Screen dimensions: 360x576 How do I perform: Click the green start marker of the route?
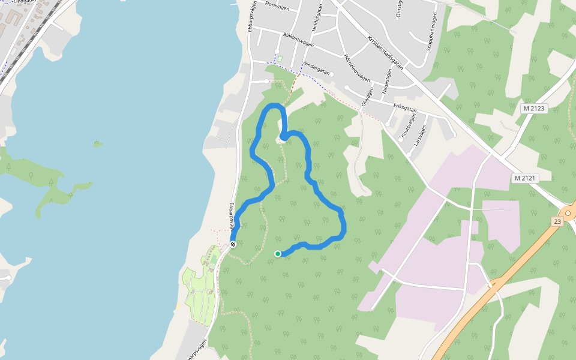pyautogui.click(x=278, y=254)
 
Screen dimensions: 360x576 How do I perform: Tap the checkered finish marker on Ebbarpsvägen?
pyautogui.click(x=233, y=244)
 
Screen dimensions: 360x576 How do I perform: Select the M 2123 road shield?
pyautogui.click(x=533, y=109)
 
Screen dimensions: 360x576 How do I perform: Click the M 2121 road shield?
pyautogui.click(x=524, y=178)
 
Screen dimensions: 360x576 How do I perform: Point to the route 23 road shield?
pyautogui.click(x=557, y=221)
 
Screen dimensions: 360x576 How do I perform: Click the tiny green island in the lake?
pyautogui.click(x=97, y=143)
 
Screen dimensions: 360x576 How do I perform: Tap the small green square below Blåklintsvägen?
pyautogui.click(x=279, y=59)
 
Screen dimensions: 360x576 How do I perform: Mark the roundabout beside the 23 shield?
pyautogui.click(x=568, y=213)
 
